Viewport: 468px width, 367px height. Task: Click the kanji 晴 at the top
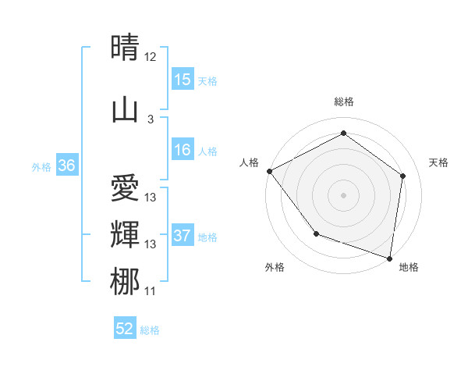pos(125,48)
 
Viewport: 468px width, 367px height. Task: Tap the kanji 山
pos(125,109)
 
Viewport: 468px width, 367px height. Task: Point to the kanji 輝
pos(125,234)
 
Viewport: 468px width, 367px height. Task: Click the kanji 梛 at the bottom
pos(125,281)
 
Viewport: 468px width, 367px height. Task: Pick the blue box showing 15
pos(183,79)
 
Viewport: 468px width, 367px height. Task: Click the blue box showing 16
pos(183,150)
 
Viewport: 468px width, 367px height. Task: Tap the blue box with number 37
pos(183,236)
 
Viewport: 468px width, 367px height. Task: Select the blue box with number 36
pos(66,165)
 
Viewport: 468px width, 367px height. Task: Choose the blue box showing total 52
pos(125,329)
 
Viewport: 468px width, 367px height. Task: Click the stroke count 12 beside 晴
pos(151,57)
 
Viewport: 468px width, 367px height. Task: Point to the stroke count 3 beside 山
pos(151,119)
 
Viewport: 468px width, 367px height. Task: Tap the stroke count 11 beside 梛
pos(151,291)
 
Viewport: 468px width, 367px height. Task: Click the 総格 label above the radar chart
pos(344,102)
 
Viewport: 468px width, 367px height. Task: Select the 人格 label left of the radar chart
pos(250,162)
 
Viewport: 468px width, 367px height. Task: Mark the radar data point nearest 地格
pos(389,258)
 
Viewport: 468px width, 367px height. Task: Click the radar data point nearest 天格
pos(403,176)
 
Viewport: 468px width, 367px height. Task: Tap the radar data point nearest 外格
pos(316,233)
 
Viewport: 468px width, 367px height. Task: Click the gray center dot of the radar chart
pos(344,194)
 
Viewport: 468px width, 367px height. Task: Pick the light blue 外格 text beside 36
pos(41,166)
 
